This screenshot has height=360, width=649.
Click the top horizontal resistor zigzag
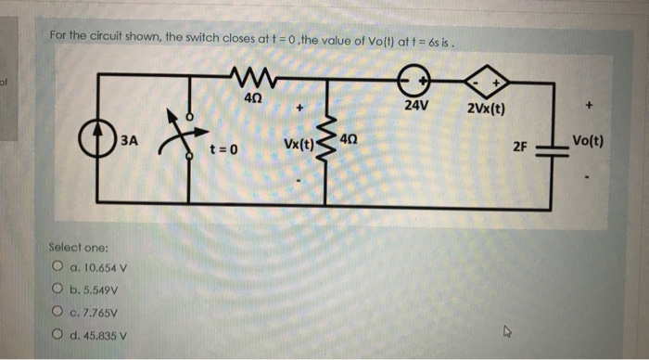point(252,73)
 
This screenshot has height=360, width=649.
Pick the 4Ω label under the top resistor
point(251,96)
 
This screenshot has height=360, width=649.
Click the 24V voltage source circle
point(413,81)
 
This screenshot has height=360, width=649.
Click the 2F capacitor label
point(526,146)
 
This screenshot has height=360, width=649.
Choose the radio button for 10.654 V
point(58,268)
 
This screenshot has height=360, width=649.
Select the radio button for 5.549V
point(58,290)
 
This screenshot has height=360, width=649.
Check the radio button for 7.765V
point(58,313)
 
